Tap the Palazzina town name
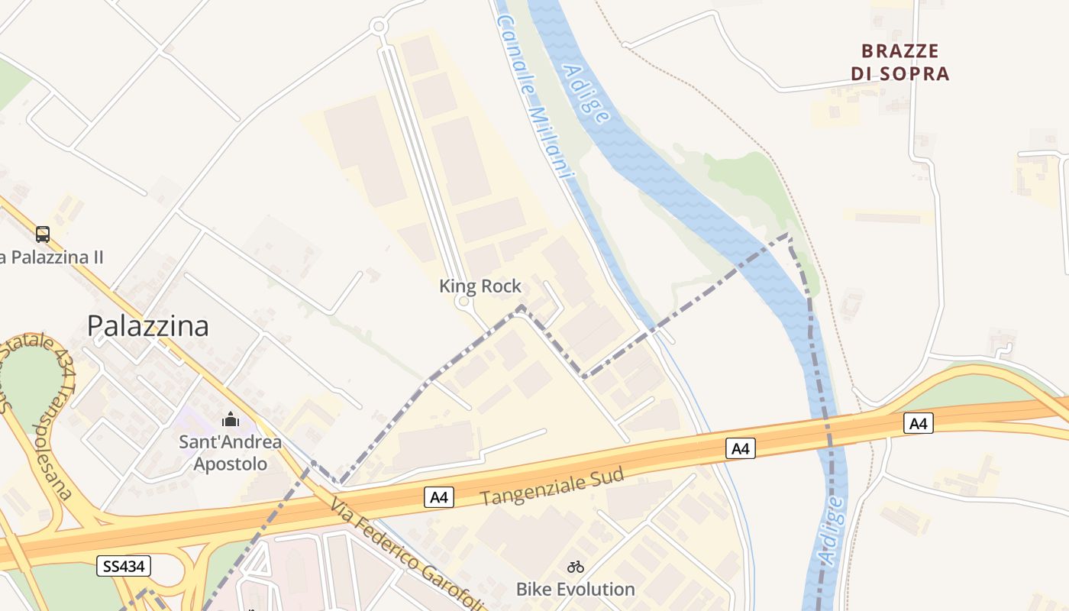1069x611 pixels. (x=147, y=326)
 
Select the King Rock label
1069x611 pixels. (x=480, y=286)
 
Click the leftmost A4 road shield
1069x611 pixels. (x=439, y=498)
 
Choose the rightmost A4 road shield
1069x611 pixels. (x=918, y=422)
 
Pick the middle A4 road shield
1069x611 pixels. (x=740, y=448)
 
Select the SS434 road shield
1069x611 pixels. (x=124, y=566)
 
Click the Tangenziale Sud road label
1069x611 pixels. (x=553, y=487)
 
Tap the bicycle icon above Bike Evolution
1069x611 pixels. (x=576, y=567)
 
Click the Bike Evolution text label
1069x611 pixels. (x=576, y=589)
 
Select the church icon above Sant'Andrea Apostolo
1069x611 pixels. (x=231, y=419)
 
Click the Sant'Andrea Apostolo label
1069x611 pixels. (x=230, y=453)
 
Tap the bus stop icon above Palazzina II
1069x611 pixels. (x=43, y=234)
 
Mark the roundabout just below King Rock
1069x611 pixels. (x=463, y=302)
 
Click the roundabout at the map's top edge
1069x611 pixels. (x=378, y=27)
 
